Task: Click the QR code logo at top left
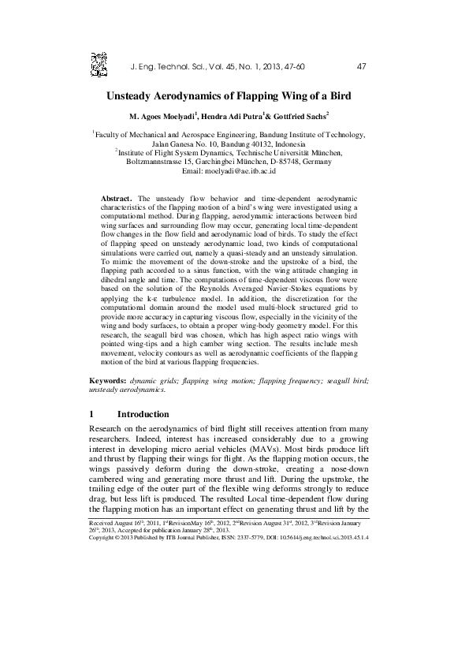click(x=99, y=62)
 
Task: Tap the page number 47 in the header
click(x=362, y=65)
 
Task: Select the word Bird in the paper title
click(x=338, y=96)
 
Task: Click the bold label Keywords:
click(x=108, y=381)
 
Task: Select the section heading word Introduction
click(x=143, y=414)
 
